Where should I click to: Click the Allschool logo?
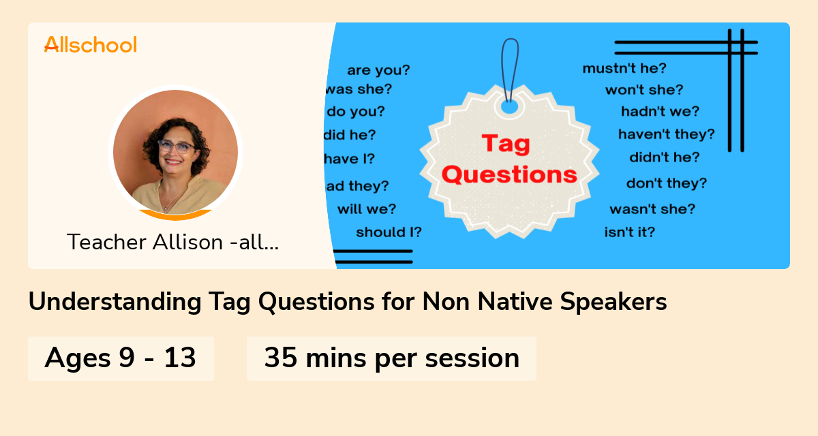point(91,44)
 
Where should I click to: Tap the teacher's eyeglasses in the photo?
point(177,146)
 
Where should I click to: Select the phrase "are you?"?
point(378,70)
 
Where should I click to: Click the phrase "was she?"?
point(359,89)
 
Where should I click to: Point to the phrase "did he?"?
point(350,135)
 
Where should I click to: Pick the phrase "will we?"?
point(366,208)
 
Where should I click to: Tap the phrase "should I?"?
point(389,232)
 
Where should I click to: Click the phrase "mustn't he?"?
point(624,68)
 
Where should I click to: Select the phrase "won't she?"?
point(643,90)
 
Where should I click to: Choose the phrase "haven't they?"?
point(666,134)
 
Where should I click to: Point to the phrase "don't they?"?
point(666,183)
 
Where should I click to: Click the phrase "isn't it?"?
point(629,232)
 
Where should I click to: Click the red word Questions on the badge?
point(509,175)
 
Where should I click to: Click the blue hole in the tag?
point(510,107)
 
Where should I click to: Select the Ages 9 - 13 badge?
point(121,358)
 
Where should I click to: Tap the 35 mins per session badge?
point(391,358)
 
